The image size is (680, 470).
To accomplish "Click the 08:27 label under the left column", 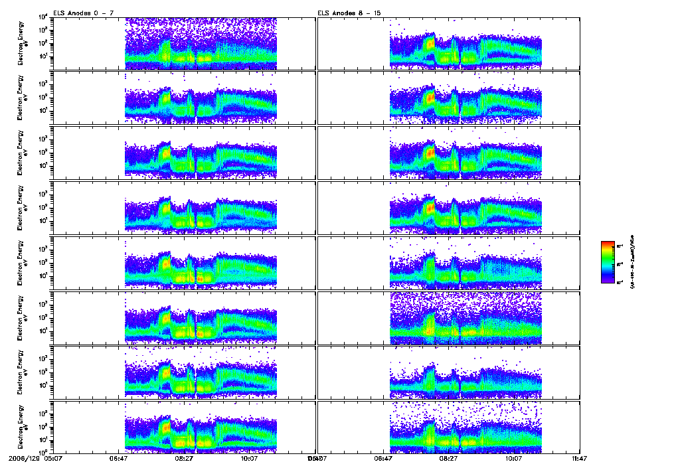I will tap(184, 457).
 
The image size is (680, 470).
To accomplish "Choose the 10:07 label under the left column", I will tap(250, 457).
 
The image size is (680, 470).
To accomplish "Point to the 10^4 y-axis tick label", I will tap(41, 17).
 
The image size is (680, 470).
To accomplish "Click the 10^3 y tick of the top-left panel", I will tap(41, 30).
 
